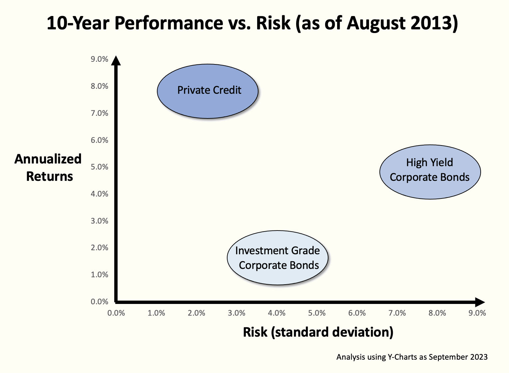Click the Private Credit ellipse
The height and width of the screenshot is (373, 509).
tap(208, 91)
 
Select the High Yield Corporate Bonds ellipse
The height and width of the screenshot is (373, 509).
tap(430, 172)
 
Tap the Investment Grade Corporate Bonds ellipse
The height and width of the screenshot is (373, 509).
tap(277, 258)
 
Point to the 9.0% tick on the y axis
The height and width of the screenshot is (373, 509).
tap(100, 59)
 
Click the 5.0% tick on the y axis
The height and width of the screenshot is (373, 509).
tap(100, 167)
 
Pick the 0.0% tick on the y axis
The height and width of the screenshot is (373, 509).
tap(100, 302)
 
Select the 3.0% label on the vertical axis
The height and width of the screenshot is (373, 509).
tap(100, 221)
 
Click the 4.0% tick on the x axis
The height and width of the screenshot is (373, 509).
tap(277, 313)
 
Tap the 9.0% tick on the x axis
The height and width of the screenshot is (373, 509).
tap(477, 313)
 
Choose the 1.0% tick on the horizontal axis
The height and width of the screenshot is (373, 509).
tap(156, 313)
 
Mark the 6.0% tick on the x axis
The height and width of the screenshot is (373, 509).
tap(357, 313)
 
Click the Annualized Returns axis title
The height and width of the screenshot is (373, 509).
tap(48, 167)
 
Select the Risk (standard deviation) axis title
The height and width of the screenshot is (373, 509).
tap(318, 332)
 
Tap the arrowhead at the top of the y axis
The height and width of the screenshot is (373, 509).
tap(116, 60)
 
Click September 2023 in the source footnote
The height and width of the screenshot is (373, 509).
tap(458, 357)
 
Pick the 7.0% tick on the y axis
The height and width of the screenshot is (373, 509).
tap(100, 113)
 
